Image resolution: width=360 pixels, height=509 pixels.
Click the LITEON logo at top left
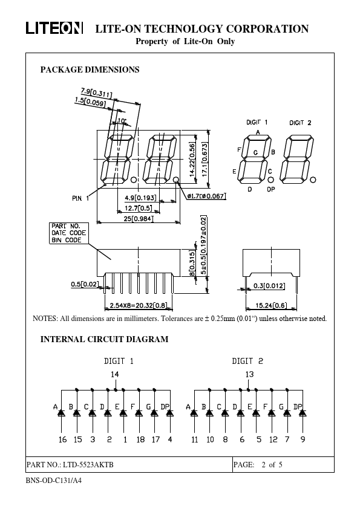pos(54,28)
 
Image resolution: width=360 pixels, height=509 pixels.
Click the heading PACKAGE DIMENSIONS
pos(90,70)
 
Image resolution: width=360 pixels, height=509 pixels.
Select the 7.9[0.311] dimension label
pos(96,93)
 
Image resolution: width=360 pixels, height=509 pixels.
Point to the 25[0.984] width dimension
pos(138,219)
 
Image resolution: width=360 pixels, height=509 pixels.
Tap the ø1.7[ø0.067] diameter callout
pos(207,196)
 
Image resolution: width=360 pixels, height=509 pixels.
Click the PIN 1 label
pos(80,198)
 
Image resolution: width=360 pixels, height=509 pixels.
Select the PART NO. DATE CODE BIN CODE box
pos(68,233)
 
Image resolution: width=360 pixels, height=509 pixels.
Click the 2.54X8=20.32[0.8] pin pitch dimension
pos(139,305)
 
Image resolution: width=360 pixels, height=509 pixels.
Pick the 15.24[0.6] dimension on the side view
pos(271,305)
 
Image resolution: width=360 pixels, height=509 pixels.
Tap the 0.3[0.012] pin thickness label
pos(269,286)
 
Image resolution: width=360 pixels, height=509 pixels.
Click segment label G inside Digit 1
pos(256,152)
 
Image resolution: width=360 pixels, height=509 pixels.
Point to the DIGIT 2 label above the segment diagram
pos(300,123)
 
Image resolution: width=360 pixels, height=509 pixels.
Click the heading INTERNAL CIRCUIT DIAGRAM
pos(104,339)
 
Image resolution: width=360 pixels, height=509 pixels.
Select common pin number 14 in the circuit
pos(115,374)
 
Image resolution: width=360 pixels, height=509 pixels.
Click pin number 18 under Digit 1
pos(140,439)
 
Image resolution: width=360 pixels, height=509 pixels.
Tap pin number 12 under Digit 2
pos(273,439)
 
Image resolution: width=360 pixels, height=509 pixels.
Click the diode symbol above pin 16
pos(61,413)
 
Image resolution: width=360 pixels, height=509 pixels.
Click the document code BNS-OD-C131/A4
pos(54,481)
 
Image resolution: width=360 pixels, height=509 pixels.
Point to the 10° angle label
pos(122,121)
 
